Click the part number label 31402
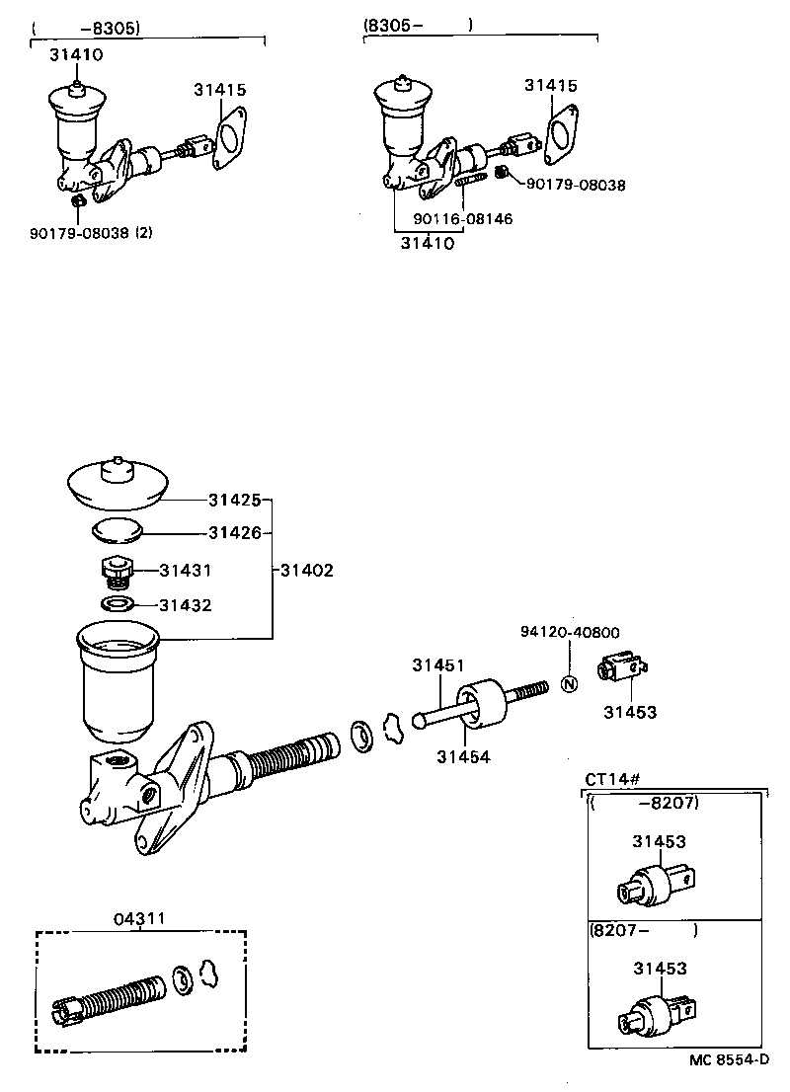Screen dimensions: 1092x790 (307, 570)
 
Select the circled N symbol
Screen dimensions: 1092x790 (570, 683)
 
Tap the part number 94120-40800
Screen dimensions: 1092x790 (571, 632)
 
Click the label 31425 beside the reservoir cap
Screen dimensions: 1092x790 (235, 500)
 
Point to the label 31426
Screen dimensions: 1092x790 (235, 532)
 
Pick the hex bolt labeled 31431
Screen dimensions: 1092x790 (115, 571)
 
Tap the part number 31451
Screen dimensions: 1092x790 (438, 665)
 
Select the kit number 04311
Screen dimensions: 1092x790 (139, 918)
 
